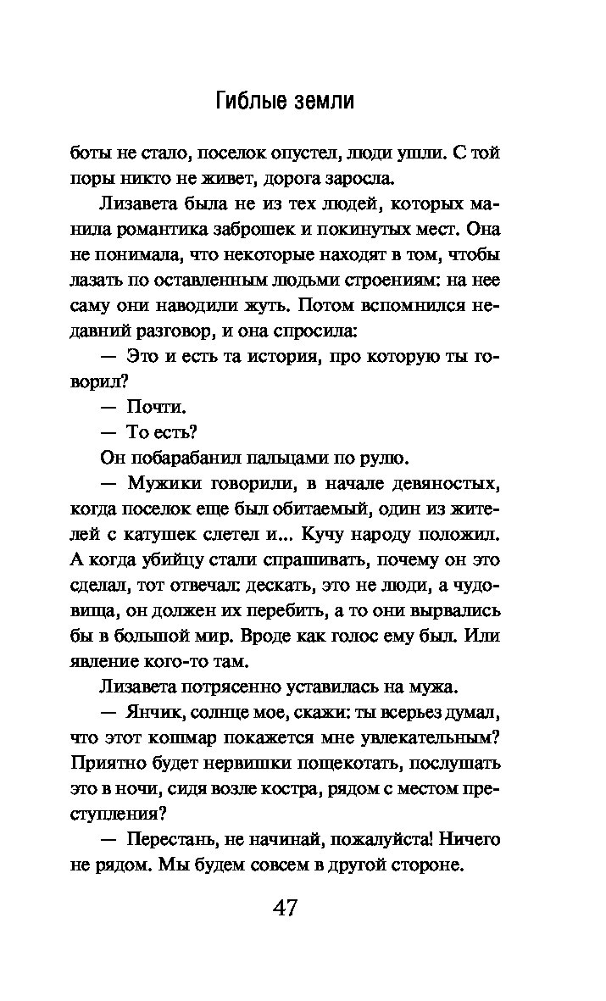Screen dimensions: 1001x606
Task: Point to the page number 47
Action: [x=286, y=907]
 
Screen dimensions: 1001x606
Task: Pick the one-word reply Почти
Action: [x=155, y=407]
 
